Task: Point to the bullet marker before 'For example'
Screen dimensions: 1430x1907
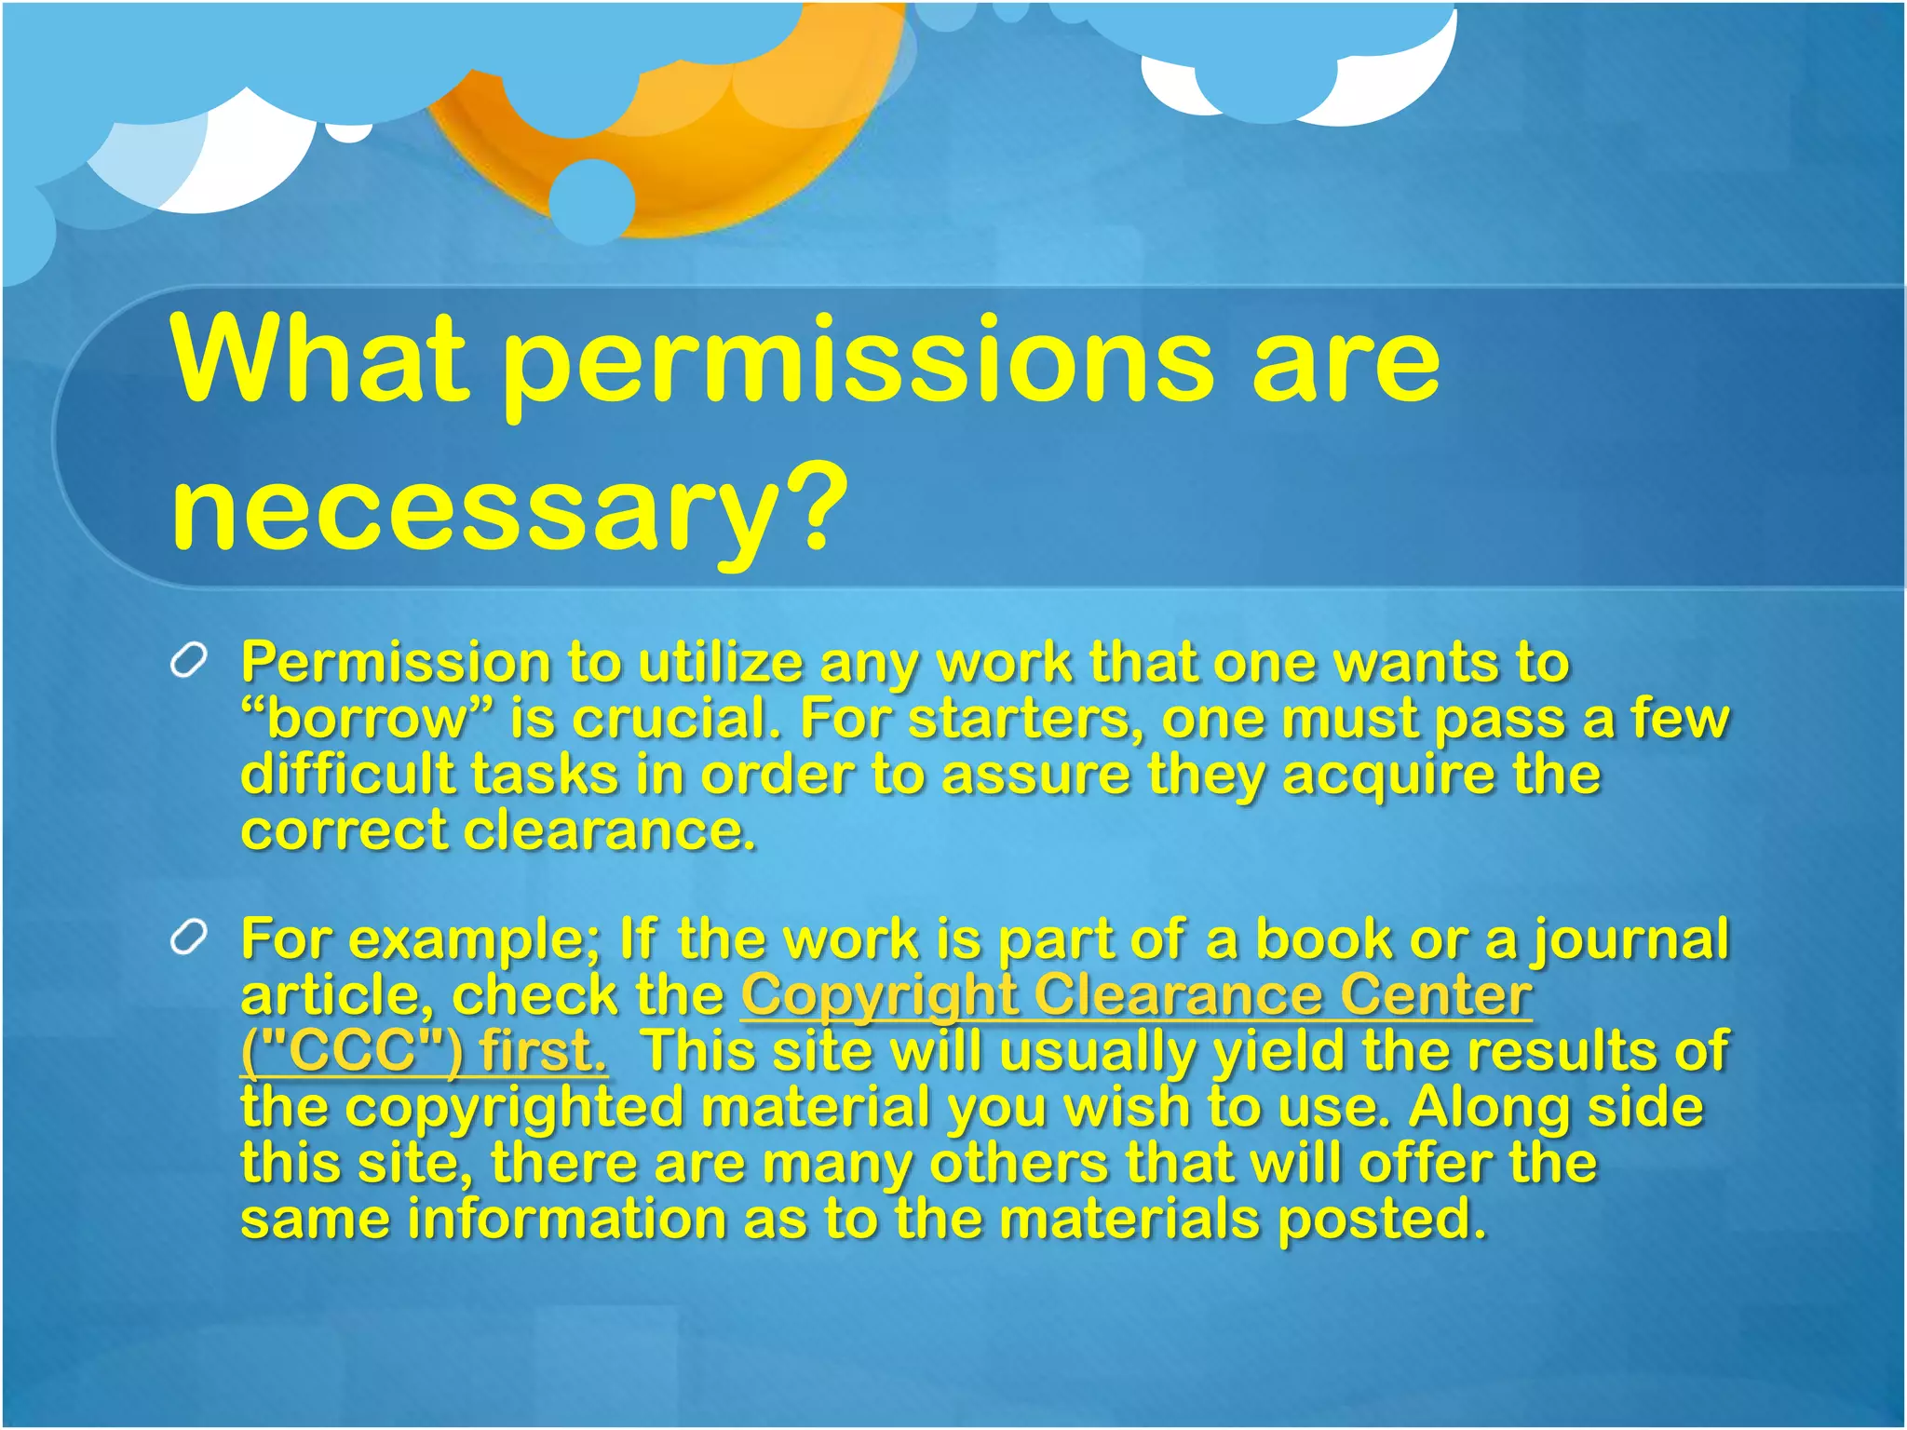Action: [189, 938]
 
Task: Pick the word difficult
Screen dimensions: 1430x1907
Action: [349, 775]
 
